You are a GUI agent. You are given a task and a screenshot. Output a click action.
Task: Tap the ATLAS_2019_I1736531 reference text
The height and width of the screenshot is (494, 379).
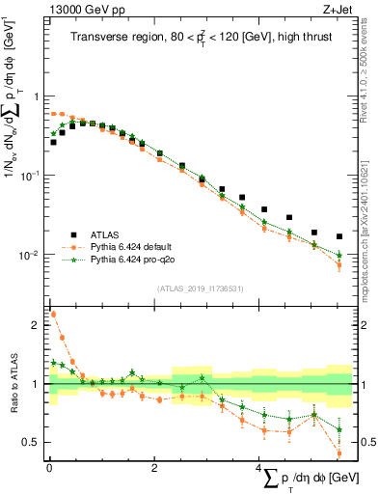tap(200, 288)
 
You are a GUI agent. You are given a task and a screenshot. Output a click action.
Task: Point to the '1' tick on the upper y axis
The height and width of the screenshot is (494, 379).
tap(37, 96)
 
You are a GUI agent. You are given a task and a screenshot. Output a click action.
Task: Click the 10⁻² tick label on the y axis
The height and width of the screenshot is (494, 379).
tap(31, 255)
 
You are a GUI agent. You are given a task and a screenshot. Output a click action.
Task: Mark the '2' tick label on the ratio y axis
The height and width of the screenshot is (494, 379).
tap(37, 325)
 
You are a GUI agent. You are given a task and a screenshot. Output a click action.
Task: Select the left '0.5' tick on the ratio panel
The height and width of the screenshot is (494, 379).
tap(33, 442)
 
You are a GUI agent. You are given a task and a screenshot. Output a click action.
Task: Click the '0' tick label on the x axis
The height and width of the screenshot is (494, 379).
tap(49, 468)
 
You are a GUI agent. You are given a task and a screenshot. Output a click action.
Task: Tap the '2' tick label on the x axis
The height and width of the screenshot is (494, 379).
tap(154, 468)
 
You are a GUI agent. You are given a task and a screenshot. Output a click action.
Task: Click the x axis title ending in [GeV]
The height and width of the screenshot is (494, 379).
tap(305, 479)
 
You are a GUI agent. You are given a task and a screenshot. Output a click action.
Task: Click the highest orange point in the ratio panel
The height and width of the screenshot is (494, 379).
tap(53, 314)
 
